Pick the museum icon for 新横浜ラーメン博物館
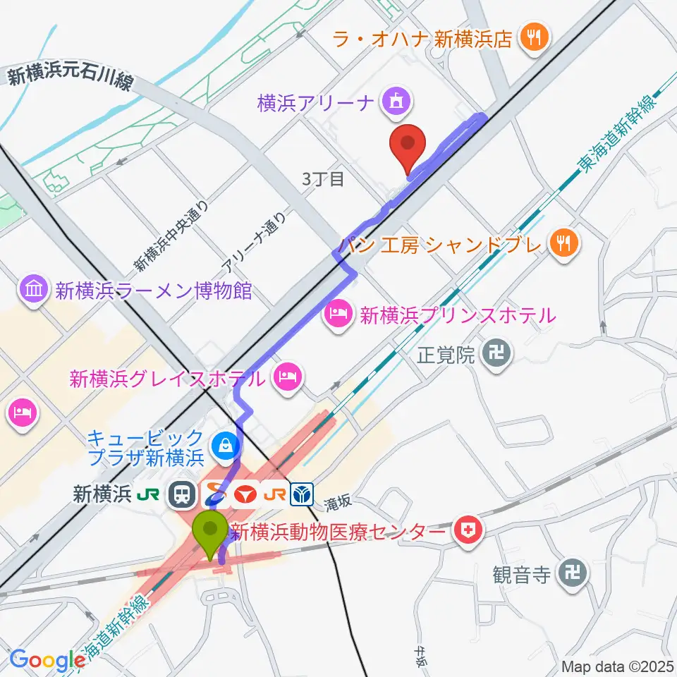point(35,290)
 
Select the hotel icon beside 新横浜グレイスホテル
point(288,378)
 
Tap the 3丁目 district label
point(323,179)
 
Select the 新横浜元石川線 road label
point(71,75)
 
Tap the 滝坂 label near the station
point(337,504)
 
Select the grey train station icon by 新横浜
point(183,495)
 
